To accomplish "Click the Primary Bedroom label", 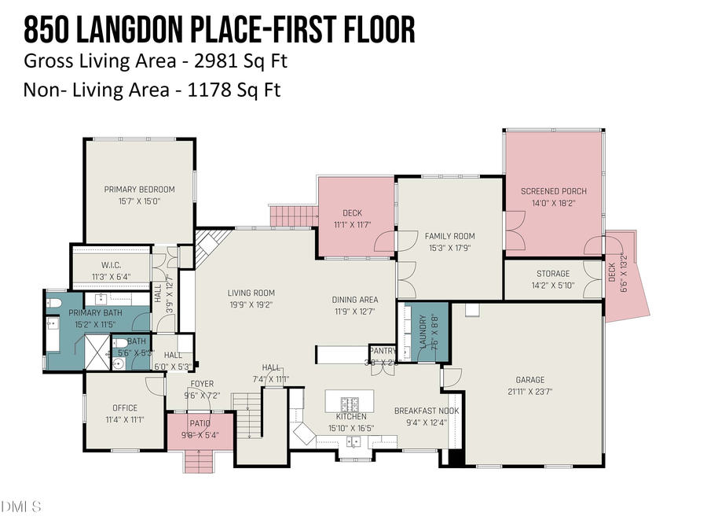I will (139, 189).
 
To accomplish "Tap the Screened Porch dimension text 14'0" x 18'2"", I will (554, 203).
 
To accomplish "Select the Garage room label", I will (530, 380).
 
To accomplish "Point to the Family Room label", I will (449, 236).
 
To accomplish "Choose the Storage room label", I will (553, 274).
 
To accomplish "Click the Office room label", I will (124, 407).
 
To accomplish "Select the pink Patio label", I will (200, 423).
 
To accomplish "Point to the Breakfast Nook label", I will (427, 411).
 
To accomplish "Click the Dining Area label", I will (357, 299).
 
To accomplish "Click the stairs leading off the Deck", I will (292, 215).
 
